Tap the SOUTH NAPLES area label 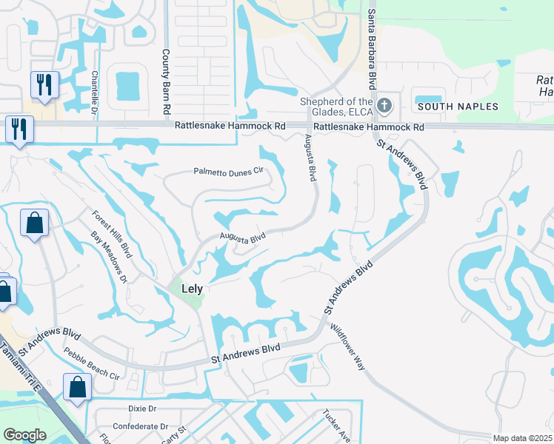(458, 107)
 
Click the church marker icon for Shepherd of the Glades (384, 105)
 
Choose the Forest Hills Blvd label (112, 234)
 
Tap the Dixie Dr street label (142, 408)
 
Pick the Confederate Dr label (141, 426)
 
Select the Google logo (25, 435)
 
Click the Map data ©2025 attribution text (522, 439)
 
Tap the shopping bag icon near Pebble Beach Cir (77, 386)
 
